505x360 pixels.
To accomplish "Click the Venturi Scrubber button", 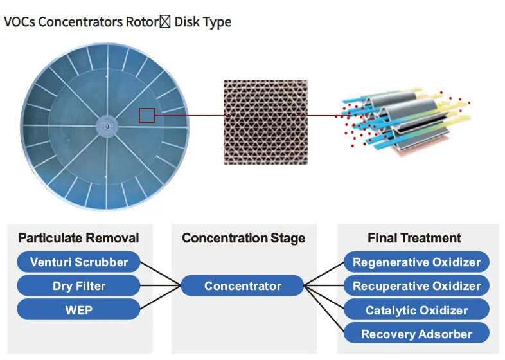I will (78, 262).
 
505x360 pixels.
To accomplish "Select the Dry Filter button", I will (78, 286).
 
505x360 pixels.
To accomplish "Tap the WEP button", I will (78, 310).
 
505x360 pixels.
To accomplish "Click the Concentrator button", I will (242, 286).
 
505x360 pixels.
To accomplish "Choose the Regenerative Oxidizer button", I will (416, 262).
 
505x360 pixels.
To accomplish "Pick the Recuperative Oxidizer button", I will (416, 286).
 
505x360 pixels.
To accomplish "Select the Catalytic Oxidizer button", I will (416, 310).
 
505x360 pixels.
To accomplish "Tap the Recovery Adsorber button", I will (416, 334).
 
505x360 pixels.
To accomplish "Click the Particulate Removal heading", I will (78, 239).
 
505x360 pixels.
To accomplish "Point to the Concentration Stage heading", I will (244, 239).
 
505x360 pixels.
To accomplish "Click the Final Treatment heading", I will (414, 239).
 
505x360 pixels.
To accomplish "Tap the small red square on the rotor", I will (147, 115).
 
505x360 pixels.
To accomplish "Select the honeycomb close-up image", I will (265, 122).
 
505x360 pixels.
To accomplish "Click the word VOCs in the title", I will (19, 22).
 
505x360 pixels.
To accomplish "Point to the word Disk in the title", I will (186, 22).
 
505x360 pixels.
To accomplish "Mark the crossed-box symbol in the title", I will (164, 22).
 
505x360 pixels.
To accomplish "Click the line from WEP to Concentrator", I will (160, 298).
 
